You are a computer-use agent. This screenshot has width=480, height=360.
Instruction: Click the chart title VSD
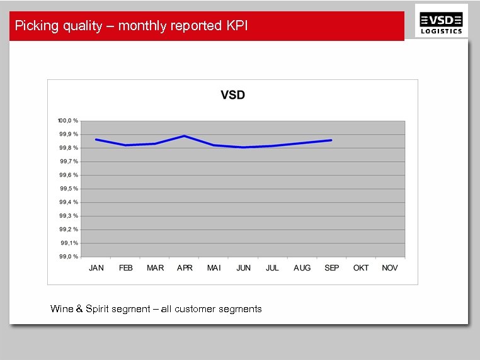(232, 96)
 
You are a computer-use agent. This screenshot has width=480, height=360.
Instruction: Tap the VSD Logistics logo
(442, 23)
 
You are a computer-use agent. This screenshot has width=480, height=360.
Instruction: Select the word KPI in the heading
(236, 26)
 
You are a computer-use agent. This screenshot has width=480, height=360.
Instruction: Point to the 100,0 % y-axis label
(67, 120)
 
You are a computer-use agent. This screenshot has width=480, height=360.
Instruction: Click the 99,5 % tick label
(69, 188)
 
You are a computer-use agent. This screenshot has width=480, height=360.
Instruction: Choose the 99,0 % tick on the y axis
(69, 256)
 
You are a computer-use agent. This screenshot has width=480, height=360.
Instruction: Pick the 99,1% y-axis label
(69, 242)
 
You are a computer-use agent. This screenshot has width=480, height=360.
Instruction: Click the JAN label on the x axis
(96, 268)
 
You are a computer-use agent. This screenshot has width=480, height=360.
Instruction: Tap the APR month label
(185, 268)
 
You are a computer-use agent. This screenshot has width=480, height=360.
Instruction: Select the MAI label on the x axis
(214, 268)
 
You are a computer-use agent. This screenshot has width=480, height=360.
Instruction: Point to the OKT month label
(361, 268)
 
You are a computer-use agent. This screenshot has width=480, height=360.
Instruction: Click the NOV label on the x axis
(390, 268)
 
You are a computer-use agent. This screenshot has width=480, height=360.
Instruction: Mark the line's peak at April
(184, 135)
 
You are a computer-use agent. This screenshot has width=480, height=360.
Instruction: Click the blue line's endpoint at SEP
(331, 140)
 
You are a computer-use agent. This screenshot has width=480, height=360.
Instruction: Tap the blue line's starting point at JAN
(96, 139)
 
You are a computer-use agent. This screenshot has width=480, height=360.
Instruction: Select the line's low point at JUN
(243, 147)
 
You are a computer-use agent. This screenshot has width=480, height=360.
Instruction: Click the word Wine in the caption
(62, 309)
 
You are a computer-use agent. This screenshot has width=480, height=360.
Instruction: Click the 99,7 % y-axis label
(69, 161)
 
